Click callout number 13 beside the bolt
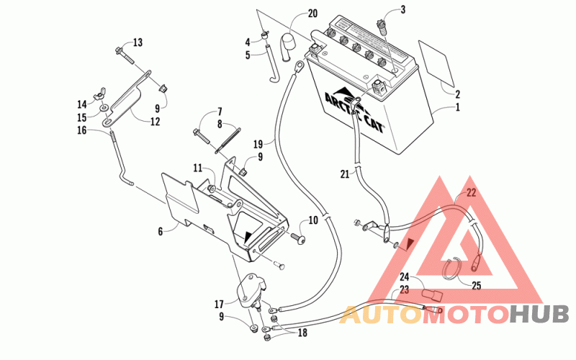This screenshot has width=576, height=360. pyautogui.click(x=138, y=42)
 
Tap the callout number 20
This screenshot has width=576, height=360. pyautogui.click(x=312, y=14)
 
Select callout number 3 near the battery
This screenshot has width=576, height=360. pyautogui.click(x=402, y=10)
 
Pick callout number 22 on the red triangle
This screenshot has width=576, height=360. pyautogui.click(x=471, y=193)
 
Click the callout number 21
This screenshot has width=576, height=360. pyautogui.click(x=344, y=174)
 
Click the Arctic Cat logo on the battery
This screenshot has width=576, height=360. pyautogui.click(x=353, y=109)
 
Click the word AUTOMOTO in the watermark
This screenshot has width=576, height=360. pyautogui.click(x=424, y=315)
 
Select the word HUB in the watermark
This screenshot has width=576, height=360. pyautogui.click(x=539, y=315)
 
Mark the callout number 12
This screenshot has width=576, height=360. pyautogui.click(x=155, y=122)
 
